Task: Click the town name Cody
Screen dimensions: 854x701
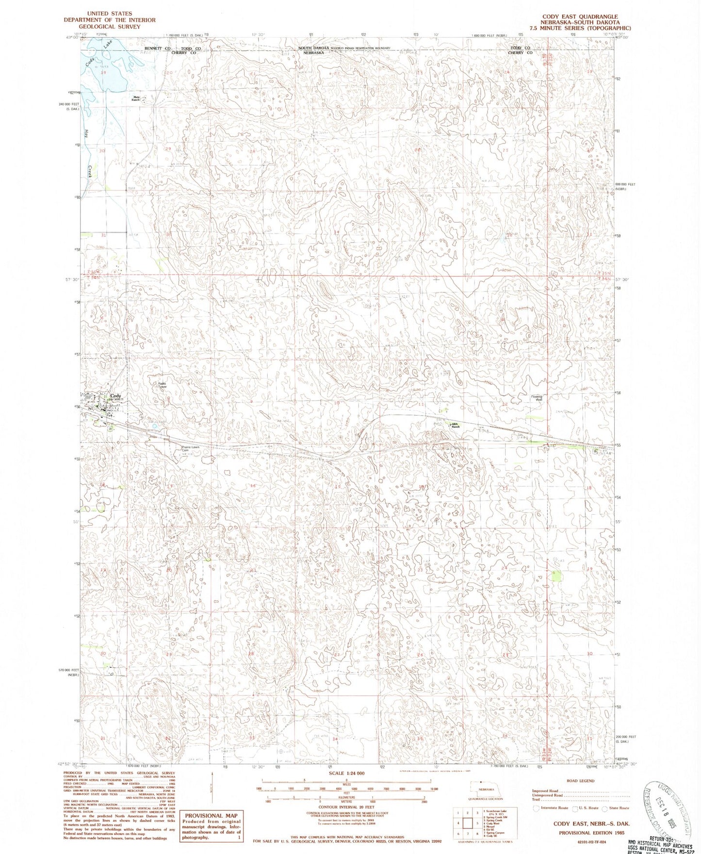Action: coord(115,396)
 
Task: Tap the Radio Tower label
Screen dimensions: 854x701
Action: coord(162,386)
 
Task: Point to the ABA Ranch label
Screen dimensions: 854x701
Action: coord(455,425)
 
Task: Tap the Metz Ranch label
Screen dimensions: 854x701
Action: coord(136,98)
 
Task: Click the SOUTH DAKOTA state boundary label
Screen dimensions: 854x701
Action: coord(313,48)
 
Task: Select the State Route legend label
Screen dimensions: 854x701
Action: coord(619,808)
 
